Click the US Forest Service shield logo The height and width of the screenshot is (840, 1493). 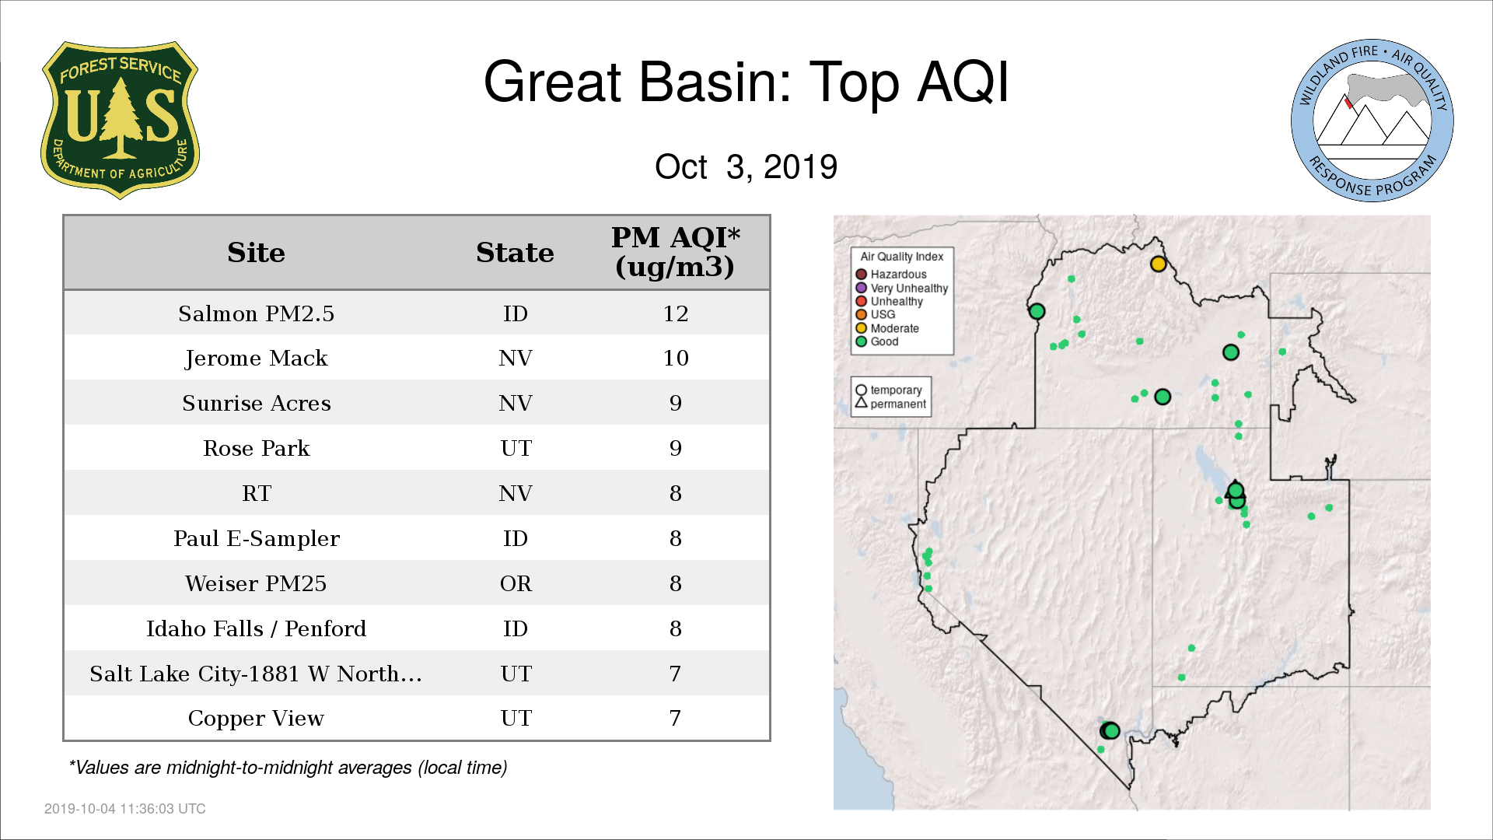tap(120, 120)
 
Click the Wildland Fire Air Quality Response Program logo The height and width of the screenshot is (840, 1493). tap(1372, 121)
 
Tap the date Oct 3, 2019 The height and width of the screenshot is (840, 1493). tap(746, 166)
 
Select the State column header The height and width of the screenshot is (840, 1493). tap(515, 253)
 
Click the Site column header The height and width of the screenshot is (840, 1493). tap(256, 253)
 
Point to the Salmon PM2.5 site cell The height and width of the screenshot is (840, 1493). tap(256, 313)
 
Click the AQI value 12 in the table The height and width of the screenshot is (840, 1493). tap(676, 313)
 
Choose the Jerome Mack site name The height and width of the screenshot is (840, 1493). tap(256, 359)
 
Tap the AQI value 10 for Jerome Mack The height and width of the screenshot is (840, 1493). tap(676, 358)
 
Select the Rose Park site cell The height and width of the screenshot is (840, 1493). tap(256, 448)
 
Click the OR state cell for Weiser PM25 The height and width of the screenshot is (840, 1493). tap(516, 583)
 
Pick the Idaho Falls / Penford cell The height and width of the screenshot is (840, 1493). tap(256, 628)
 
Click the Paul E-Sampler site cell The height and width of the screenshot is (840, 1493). tap(256, 539)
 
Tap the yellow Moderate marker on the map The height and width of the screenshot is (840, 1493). tap(1158, 264)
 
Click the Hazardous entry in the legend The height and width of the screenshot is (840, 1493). tap(891, 275)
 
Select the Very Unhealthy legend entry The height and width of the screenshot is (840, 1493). tap(902, 288)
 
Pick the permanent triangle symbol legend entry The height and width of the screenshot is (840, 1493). tap(890, 404)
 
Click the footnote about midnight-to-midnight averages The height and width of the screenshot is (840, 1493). tap(288, 768)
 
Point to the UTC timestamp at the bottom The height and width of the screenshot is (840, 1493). tap(125, 809)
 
